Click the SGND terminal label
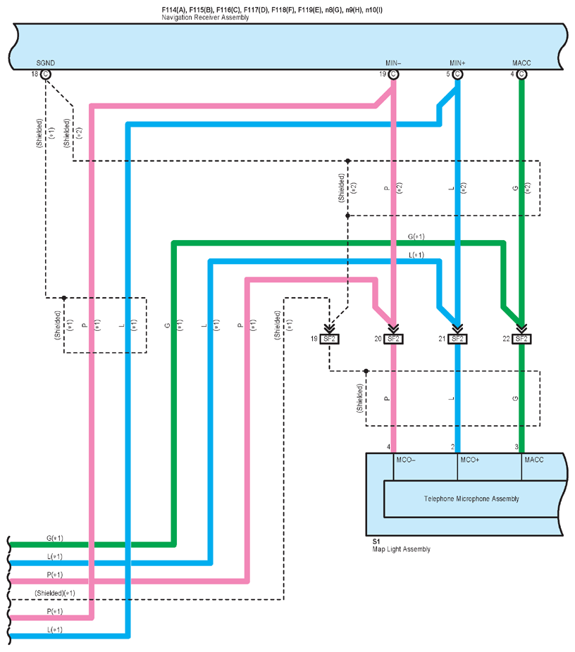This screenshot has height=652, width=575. coord(45,63)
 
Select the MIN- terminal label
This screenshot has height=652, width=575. coord(393,63)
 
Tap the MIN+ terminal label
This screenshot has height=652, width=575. coord(458,63)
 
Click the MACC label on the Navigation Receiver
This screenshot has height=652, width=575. coord(522,63)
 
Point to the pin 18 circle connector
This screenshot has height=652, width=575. coord(46,74)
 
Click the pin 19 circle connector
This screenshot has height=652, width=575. coord(393,74)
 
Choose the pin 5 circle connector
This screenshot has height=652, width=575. coord(457,74)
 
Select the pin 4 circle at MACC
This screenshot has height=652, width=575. coord(521,74)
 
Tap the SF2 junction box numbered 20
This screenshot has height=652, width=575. coord(393,339)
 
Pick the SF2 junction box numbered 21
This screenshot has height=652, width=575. coord(457,339)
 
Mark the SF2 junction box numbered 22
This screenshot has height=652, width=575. coord(521,339)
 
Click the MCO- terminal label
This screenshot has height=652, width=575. coord(405,460)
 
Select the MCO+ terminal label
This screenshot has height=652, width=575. coord(469,460)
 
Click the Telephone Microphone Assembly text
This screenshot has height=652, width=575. coord(471,499)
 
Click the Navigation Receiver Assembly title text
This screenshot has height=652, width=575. coord(205,17)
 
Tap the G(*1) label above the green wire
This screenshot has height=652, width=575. coord(416,237)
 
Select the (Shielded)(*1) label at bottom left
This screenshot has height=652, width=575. coord(55,593)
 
